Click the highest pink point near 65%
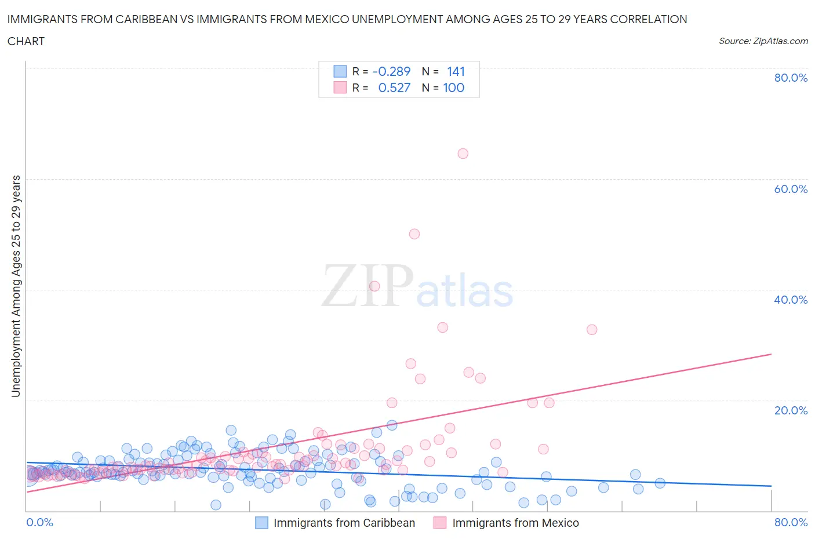463,154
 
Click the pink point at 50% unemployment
414,234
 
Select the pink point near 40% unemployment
374,286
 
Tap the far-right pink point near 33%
592,330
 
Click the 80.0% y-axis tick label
791,78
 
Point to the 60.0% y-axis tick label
791,189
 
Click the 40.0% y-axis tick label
791,300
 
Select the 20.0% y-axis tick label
791,410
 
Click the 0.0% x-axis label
40,523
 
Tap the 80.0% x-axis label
791,523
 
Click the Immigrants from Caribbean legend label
344,523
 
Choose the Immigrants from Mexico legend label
515,523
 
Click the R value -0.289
391,71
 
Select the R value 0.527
394,88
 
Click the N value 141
456,71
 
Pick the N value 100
453,88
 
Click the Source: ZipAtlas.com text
763,41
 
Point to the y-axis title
16,286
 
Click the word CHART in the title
26,41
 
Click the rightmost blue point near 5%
660,483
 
